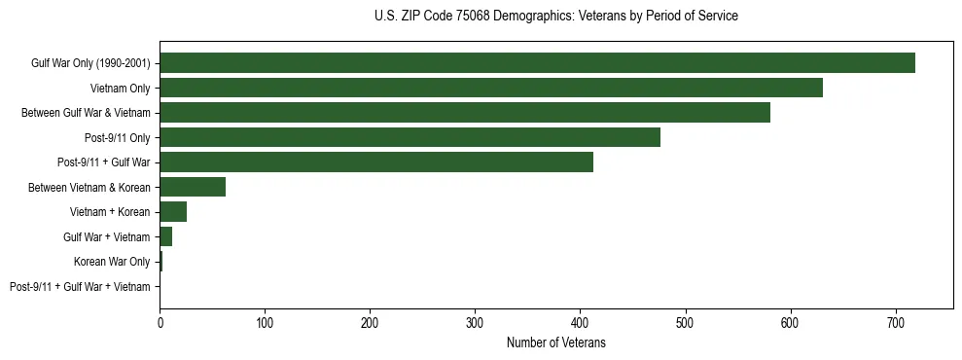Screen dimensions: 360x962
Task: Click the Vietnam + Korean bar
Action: [x=173, y=212]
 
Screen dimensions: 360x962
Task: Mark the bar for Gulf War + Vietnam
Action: [x=166, y=236]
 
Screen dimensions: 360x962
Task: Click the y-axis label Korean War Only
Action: [x=112, y=262]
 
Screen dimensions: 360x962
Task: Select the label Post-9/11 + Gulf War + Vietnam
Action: [x=80, y=286]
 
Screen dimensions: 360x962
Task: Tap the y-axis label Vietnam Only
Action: [x=120, y=89]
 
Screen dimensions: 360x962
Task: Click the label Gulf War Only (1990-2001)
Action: [x=90, y=63]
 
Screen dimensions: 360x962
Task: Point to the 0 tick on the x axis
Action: [x=160, y=322]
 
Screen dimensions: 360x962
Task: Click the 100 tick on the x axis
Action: [x=265, y=322]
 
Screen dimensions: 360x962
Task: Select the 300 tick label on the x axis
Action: [x=475, y=322]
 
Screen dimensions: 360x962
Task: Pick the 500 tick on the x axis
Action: [x=686, y=322]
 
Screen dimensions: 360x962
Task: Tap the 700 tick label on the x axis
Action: [x=896, y=322]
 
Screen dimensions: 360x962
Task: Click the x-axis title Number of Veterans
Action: [x=556, y=342]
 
